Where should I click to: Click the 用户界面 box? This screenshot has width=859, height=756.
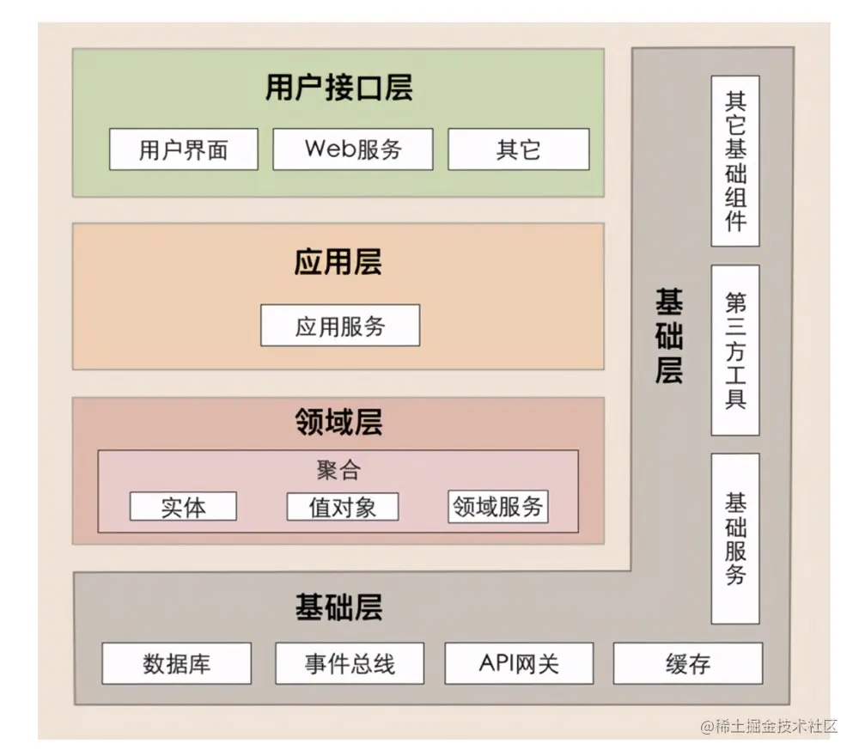pyautogui.click(x=183, y=149)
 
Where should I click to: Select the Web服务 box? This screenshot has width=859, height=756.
pyautogui.click(x=352, y=149)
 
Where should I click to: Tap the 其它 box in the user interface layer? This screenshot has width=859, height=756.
pyautogui.click(x=518, y=149)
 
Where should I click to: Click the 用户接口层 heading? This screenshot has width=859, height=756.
pyautogui.click(x=338, y=88)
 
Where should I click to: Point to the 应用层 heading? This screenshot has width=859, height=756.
pyautogui.click(x=338, y=262)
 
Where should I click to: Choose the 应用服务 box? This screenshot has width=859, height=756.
pyautogui.click(x=340, y=326)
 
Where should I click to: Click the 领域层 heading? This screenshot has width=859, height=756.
pyautogui.click(x=338, y=422)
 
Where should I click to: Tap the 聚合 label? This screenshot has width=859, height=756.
pyautogui.click(x=338, y=470)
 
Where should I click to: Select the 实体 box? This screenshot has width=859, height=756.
pyautogui.click(x=183, y=506)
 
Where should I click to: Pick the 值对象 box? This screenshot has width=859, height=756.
pyautogui.click(x=342, y=506)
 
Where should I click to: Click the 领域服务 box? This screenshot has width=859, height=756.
pyautogui.click(x=498, y=506)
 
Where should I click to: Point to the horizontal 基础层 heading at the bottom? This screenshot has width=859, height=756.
pyautogui.click(x=338, y=607)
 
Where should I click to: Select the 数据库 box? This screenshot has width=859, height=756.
pyautogui.click(x=176, y=664)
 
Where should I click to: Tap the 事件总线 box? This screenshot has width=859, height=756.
pyautogui.click(x=349, y=664)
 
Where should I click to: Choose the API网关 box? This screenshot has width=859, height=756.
pyautogui.click(x=518, y=664)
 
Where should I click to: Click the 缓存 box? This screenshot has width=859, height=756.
pyautogui.click(x=687, y=664)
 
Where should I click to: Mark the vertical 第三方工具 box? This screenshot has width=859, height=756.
pyautogui.click(x=735, y=350)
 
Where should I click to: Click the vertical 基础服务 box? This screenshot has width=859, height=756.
pyautogui.click(x=735, y=538)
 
